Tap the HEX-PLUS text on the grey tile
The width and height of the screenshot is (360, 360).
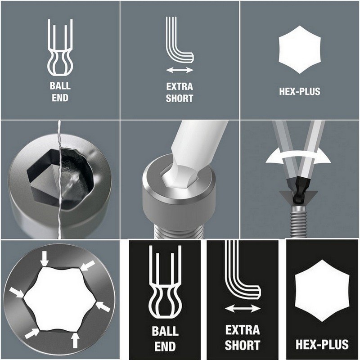(x=299, y=92)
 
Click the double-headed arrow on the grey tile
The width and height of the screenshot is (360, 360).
(x=180, y=70)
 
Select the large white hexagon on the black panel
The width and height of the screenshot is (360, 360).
(x=322, y=291)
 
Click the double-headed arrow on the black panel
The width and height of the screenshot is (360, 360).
(x=243, y=309)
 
